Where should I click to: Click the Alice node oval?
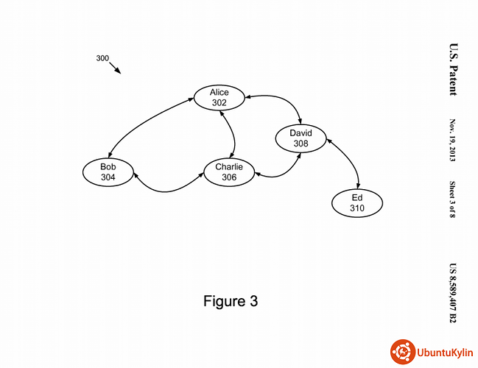(219, 98)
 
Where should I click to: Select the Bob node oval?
(108, 172)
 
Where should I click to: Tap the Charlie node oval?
(229, 172)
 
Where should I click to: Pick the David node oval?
(300, 138)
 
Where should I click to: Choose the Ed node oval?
(357, 203)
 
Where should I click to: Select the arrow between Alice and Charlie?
(233, 135)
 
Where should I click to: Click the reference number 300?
(102, 58)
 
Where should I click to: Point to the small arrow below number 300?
(116, 68)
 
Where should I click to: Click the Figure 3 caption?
(231, 301)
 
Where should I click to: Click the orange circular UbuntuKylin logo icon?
(401, 352)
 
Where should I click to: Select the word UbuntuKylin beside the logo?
(443, 353)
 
